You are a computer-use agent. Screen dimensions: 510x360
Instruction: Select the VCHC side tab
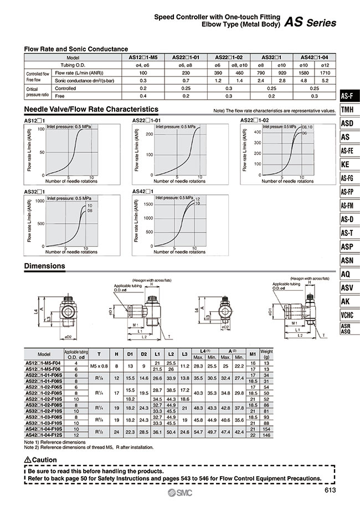click(x=347, y=315)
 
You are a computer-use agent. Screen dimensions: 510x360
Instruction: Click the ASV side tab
click(x=347, y=287)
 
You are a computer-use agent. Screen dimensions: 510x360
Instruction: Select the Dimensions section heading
click(x=45, y=266)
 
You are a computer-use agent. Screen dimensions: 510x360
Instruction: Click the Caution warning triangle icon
click(x=28, y=460)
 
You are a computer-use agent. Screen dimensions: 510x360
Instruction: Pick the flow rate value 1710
click(x=327, y=73)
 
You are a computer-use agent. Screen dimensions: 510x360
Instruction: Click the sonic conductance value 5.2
click(x=327, y=80)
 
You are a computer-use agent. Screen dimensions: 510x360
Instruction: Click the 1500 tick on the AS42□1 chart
click(x=147, y=204)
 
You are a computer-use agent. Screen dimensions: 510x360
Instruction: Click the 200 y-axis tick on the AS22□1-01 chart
click(x=148, y=134)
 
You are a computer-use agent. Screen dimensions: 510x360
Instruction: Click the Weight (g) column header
click(x=329, y=354)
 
